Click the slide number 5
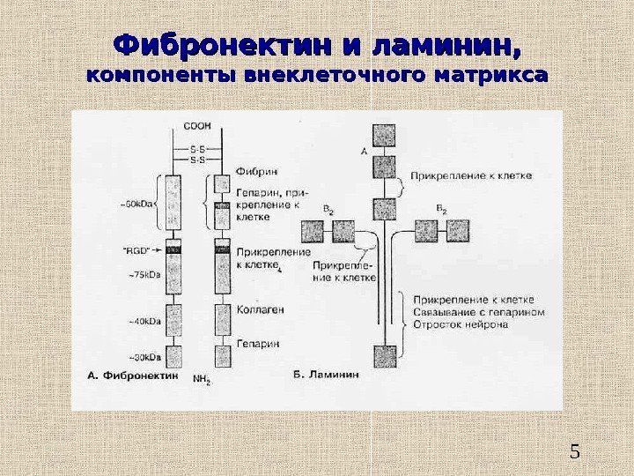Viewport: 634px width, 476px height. [x=576, y=454]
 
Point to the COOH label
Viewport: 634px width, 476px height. [x=195, y=126]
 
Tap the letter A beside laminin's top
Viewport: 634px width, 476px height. [x=364, y=152]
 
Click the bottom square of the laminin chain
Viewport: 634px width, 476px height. [x=386, y=356]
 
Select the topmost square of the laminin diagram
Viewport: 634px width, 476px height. [x=386, y=135]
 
